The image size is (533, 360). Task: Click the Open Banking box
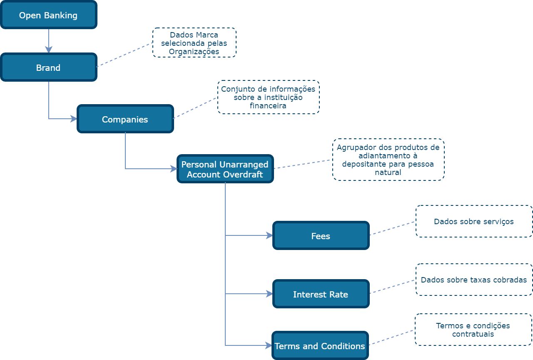49,15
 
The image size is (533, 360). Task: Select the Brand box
49,67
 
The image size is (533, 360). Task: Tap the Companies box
125,119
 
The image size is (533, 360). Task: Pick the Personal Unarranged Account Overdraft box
225,169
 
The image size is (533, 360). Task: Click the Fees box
321,236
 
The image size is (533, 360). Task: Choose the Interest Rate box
321,294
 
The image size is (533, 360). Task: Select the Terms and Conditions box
320,346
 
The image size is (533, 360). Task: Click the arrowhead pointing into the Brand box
49,50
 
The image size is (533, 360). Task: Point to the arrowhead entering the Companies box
75,119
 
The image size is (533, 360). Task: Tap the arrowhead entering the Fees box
270,235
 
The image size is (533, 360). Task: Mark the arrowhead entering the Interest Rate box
270,294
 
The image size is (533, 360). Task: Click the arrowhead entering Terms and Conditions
269,345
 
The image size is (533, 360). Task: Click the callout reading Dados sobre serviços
474,221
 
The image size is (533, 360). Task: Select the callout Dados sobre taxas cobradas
474,280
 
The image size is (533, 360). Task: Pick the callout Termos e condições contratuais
473,330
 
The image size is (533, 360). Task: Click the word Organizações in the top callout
194,52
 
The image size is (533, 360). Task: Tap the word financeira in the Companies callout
268,106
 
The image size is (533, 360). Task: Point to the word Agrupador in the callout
353,147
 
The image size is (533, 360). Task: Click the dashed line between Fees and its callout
392,228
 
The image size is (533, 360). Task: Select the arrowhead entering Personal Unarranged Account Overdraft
174,169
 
